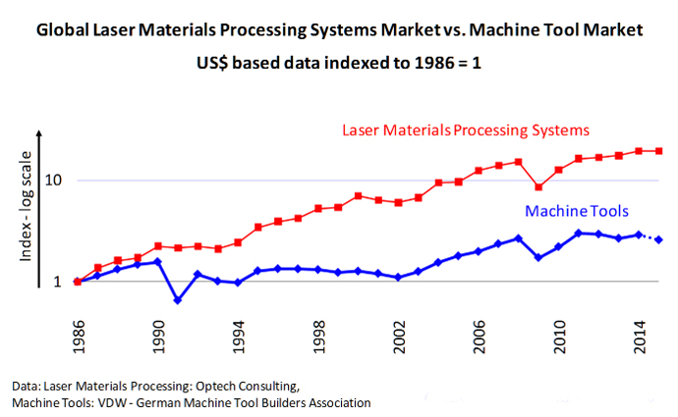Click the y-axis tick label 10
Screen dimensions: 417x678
point(55,181)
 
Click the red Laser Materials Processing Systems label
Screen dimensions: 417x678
point(465,130)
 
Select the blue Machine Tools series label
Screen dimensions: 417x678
point(577,211)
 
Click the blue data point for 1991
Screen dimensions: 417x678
point(178,300)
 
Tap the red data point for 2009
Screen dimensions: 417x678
point(538,187)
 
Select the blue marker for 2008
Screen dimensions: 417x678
point(519,237)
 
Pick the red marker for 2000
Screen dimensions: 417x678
point(359,195)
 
